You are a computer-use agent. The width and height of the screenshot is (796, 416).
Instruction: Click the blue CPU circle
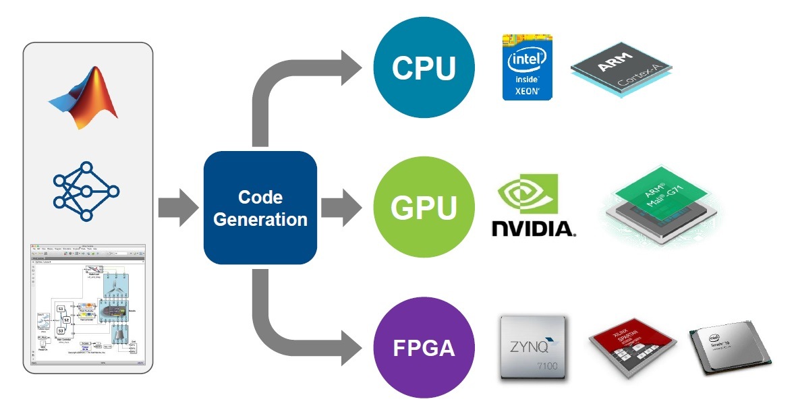(424, 68)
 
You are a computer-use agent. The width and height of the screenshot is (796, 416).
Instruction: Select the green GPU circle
(424, 208)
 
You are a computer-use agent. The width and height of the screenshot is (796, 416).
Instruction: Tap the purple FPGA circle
(424, 348)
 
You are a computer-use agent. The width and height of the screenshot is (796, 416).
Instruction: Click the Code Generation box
(260, 208)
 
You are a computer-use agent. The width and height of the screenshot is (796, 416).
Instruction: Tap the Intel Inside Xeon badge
(527, 67)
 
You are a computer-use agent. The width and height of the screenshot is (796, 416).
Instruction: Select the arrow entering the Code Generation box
(177, 208)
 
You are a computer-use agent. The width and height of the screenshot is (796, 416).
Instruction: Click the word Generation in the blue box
(260, 219)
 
